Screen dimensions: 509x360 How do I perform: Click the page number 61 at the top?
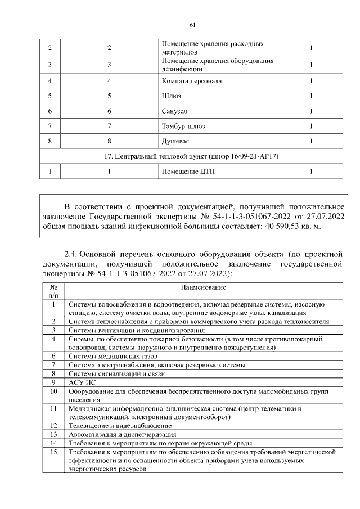coord(192,25)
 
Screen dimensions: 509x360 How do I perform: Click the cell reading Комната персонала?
coord(191,81)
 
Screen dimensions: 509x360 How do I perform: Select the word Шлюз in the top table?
coord(171,96)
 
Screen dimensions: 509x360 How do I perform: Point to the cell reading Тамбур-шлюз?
coord(183,126)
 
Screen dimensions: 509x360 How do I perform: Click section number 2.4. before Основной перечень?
coord(74,254)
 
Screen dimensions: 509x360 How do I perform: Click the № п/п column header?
coord(53,290)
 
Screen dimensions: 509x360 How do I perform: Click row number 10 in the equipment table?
coord(53,391)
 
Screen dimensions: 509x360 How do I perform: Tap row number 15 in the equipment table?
coord(53,452)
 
